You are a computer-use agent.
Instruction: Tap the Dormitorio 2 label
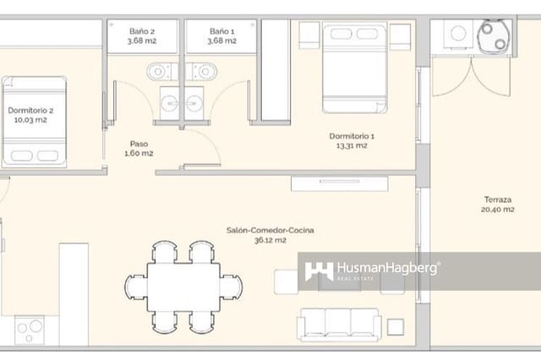click(x=31, y=110)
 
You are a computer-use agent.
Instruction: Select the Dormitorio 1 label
click(x=351, y=136)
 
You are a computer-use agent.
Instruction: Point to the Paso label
click(x=139, y=144)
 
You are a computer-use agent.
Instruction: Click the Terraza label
click(x=497, y=200)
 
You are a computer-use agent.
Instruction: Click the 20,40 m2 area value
click(x=497, y=210)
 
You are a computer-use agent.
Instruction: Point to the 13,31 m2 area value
click(x=351, y=145)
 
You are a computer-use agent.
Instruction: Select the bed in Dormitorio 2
click(x=35, y=122)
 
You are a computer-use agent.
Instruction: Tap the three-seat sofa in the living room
click(x=339, y=323)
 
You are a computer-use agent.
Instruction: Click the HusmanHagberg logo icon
click(x=319, y=271)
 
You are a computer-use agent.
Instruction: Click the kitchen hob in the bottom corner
click(x=30, y=329)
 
